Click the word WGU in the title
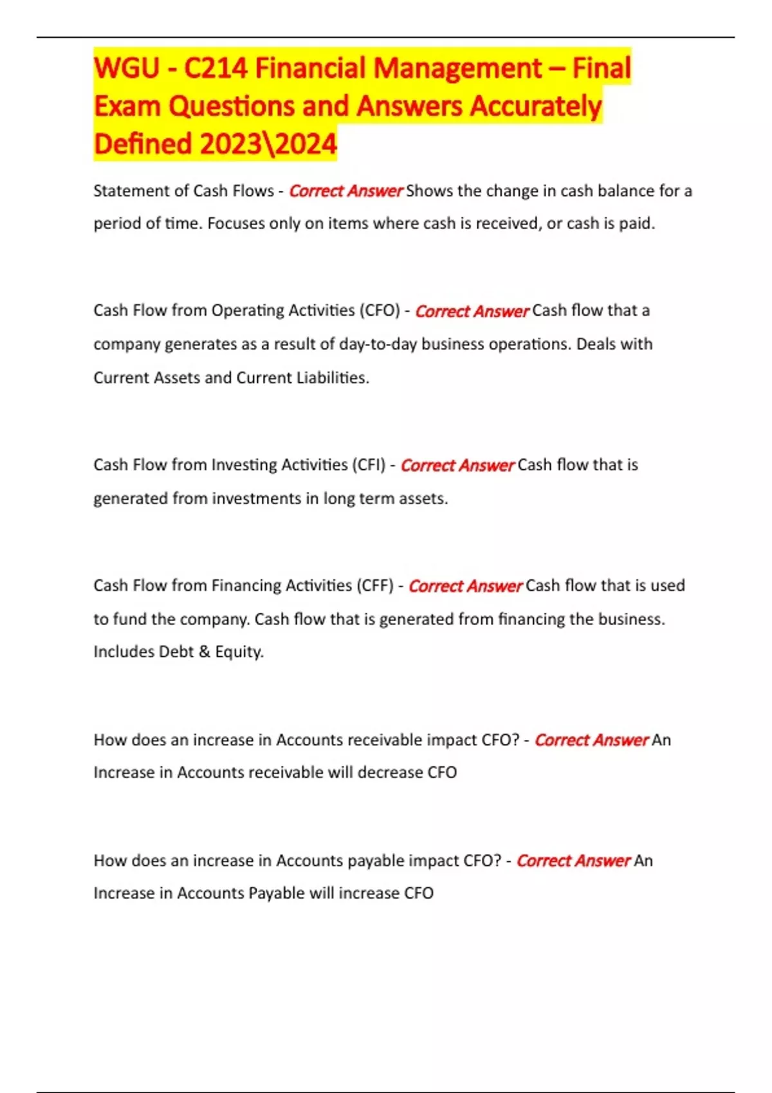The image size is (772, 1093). pos(127,68)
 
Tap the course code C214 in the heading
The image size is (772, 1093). pos(216,68)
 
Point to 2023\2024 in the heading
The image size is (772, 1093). pos(268,144)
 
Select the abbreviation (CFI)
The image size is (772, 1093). pos(368,465)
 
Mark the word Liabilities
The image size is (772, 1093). pos(332,377)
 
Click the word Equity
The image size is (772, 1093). pos(239,652)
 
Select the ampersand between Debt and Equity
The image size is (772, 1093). pos(205,652)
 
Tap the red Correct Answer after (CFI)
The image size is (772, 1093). pos(457,465)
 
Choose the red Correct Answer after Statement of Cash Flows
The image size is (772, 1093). pos(345,192)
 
